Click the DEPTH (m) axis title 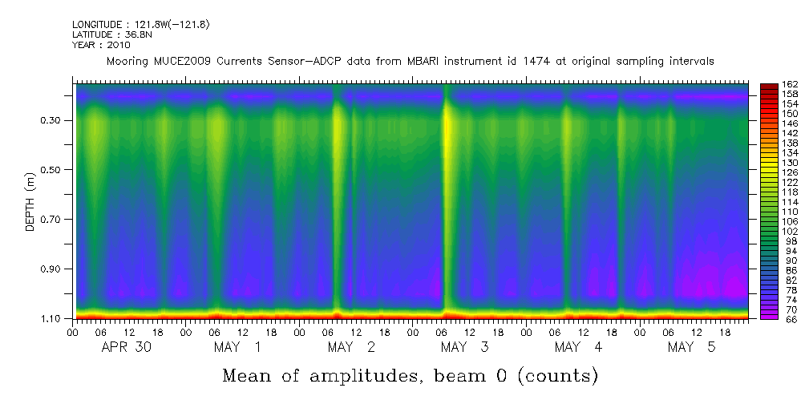pos(30,200)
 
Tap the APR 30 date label pos(127,347)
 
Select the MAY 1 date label pos(238,347)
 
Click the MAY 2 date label pos(351,347)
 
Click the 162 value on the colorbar pos(789,85)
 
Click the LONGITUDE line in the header pos(141,25)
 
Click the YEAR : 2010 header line pos(100,45)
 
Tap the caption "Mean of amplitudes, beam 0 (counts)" pos(410,375)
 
